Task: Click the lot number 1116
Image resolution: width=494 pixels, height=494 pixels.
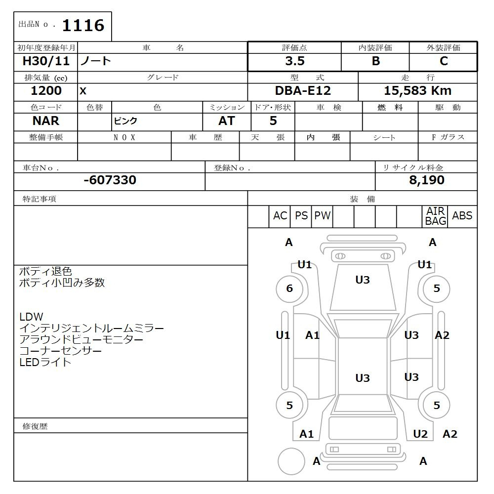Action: coord(82,25)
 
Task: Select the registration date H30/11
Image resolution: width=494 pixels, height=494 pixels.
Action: coord(46,61)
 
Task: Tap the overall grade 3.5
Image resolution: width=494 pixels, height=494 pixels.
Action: coord(294,61)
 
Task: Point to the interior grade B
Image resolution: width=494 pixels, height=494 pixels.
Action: coord(375,61)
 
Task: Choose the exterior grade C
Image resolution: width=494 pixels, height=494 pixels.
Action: coord(443,61)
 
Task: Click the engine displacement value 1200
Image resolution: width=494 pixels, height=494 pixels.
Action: coord(46,91)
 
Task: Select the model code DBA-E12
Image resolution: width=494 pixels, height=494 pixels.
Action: coord(303,91)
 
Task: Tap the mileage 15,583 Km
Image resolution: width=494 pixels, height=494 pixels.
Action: coord(417,91)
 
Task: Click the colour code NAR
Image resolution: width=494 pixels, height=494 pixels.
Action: coord(46,121)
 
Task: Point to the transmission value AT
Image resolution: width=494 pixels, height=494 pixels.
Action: coord(226,121)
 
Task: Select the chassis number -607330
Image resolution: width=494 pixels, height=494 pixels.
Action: coord(110,180)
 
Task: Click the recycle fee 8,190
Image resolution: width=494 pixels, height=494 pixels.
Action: coord(426,180)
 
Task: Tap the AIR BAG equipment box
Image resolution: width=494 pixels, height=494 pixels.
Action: coord(435,216)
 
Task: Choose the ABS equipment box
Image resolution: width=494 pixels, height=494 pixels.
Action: coord(462,216)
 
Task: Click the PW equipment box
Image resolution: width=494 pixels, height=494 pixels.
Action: coord(322,216)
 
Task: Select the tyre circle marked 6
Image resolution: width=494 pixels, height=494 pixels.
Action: coord(289,288)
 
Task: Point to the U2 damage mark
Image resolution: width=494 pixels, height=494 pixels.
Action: coord(420,434)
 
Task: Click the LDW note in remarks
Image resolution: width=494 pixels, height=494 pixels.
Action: coord(31,317)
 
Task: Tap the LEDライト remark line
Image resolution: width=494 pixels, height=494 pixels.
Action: coord(45,362)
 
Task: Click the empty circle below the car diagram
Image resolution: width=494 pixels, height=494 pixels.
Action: coord(291,462)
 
